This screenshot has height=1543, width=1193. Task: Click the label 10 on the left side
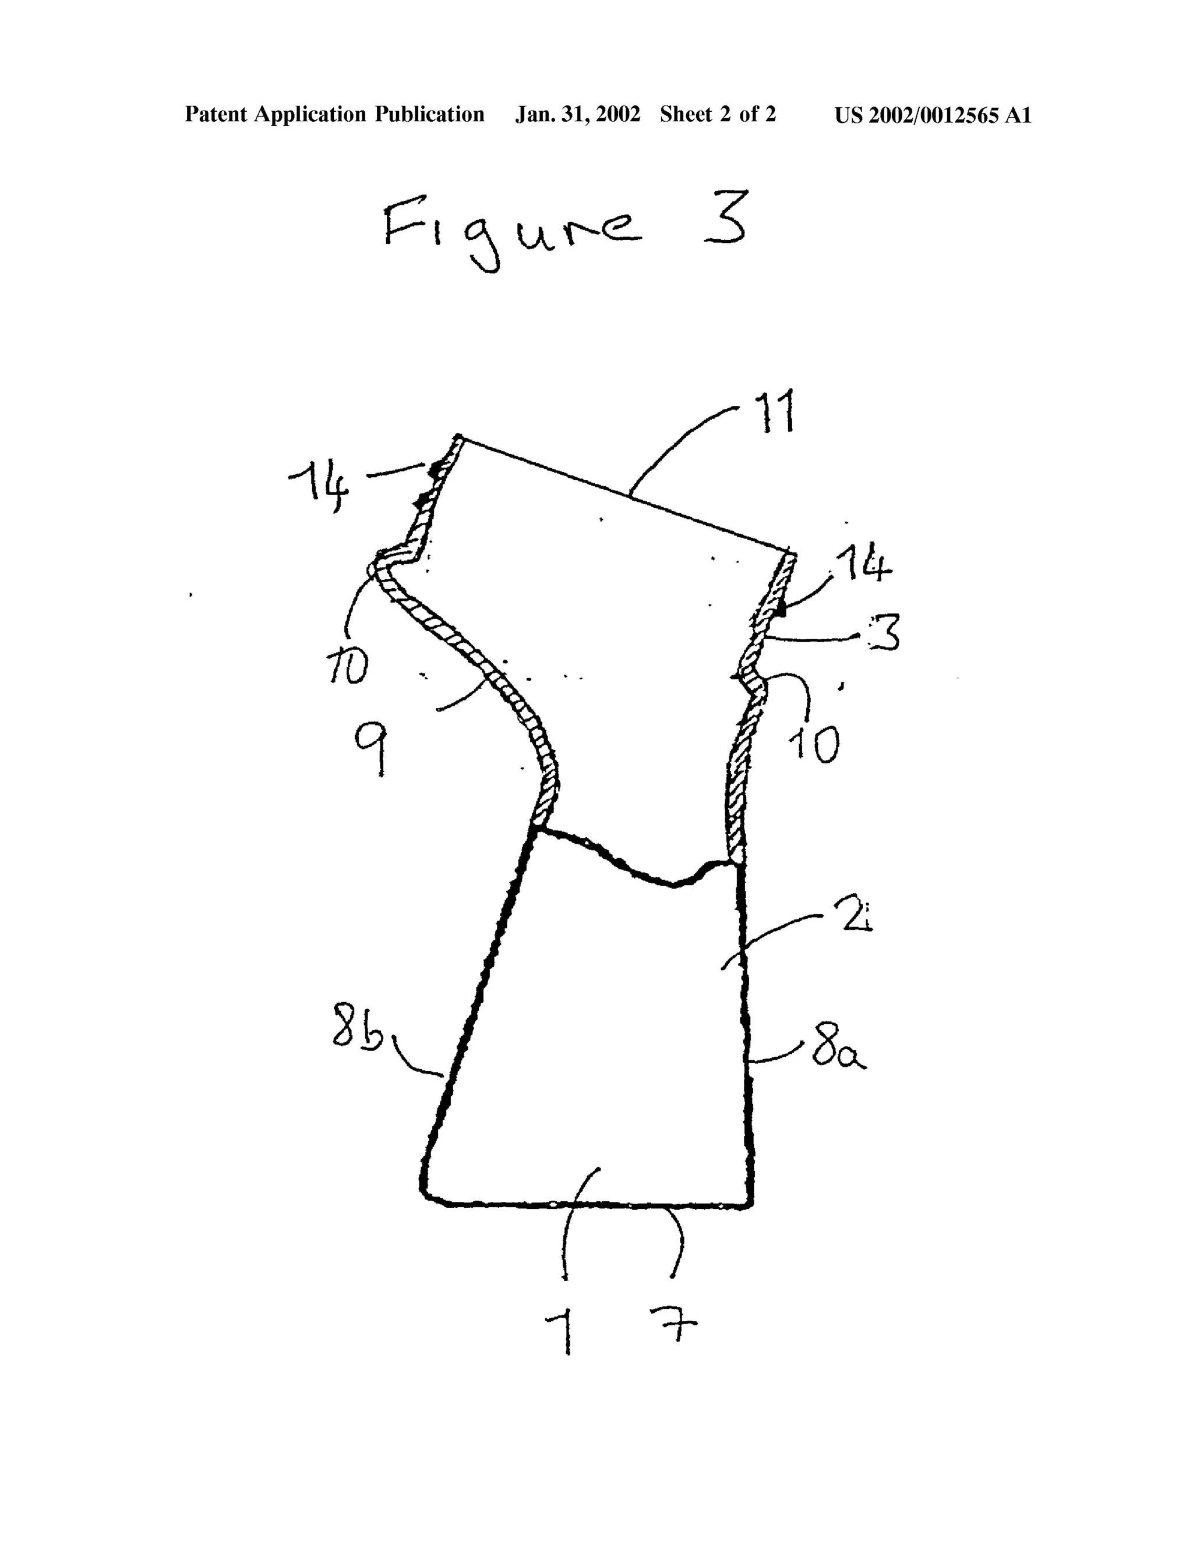(x=347, y=666)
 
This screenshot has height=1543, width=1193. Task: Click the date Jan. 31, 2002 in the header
(x=577, y=115)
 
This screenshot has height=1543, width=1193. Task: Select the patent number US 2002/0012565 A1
(x=933, y=115)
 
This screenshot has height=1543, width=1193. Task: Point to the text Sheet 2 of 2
(x=718, y=115)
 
